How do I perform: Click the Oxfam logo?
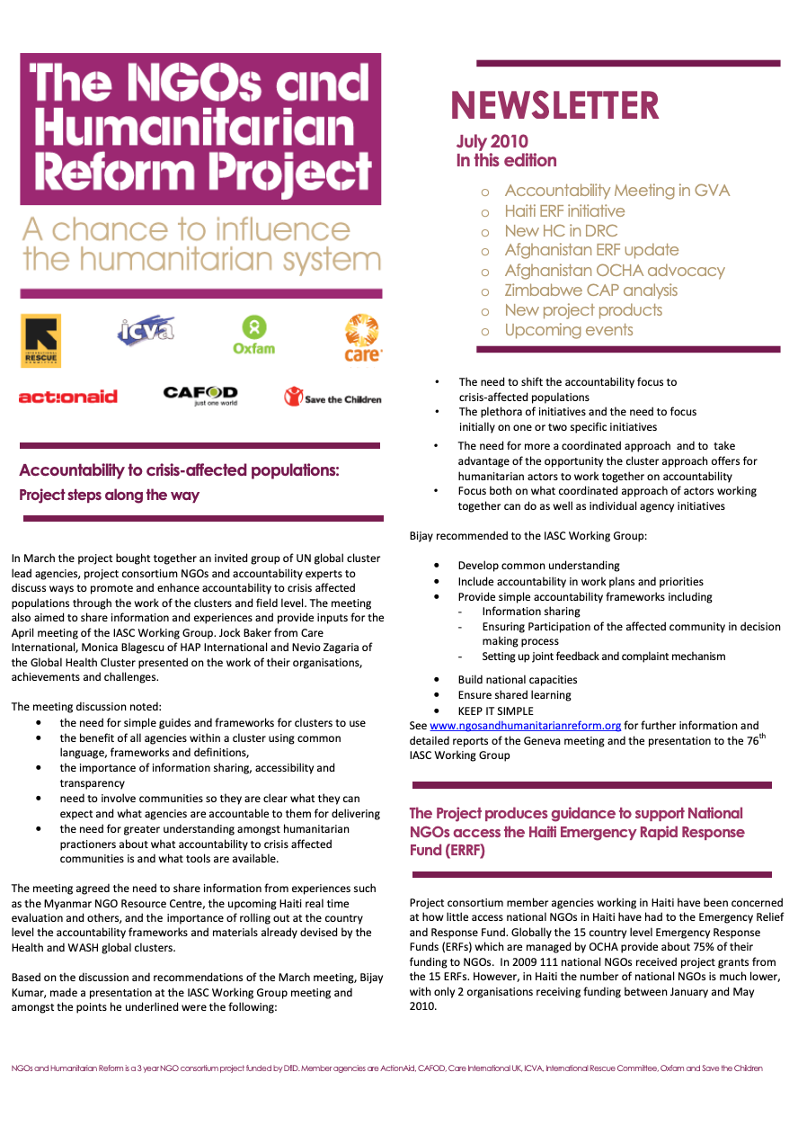[253, 335]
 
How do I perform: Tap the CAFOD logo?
[200, 395]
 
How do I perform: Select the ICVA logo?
[146, 330]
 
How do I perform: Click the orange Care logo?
[362, 337]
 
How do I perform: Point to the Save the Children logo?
[332, 397]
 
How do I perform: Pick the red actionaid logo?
[68, 397]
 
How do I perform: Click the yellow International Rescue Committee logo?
[40, 340]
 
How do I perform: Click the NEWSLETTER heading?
[555, 106]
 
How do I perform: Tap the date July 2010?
[492, 141]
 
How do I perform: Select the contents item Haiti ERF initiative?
[564, 211]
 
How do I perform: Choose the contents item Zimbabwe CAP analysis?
[590, 290]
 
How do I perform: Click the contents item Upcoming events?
[568, 330]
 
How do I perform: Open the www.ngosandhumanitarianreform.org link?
[525, 726]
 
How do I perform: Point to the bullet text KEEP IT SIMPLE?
[495, 710]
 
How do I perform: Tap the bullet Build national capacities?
[517, 680]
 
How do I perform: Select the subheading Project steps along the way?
[109, 496]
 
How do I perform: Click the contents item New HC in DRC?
[561, 231]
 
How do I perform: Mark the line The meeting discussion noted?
[86, 707]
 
